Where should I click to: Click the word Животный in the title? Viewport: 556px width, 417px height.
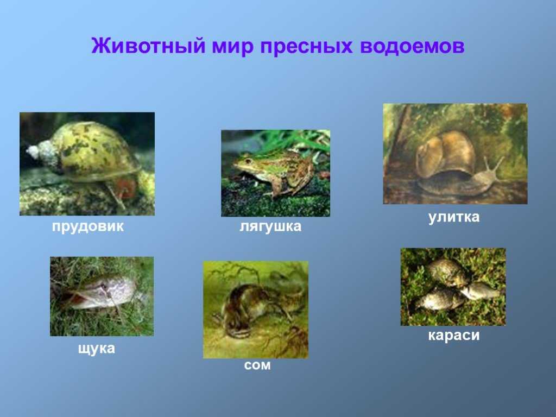148,46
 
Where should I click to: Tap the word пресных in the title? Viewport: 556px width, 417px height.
306,47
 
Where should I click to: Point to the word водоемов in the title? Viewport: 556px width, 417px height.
412,47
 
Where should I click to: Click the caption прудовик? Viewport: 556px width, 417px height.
88,226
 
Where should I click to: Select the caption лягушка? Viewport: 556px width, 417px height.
270,226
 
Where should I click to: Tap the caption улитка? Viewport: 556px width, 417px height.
454,217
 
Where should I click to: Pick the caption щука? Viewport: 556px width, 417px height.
97,349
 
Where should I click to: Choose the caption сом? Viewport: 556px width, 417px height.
257,365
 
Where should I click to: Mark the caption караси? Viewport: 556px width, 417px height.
454,335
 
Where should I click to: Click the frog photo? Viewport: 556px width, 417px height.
275,173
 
